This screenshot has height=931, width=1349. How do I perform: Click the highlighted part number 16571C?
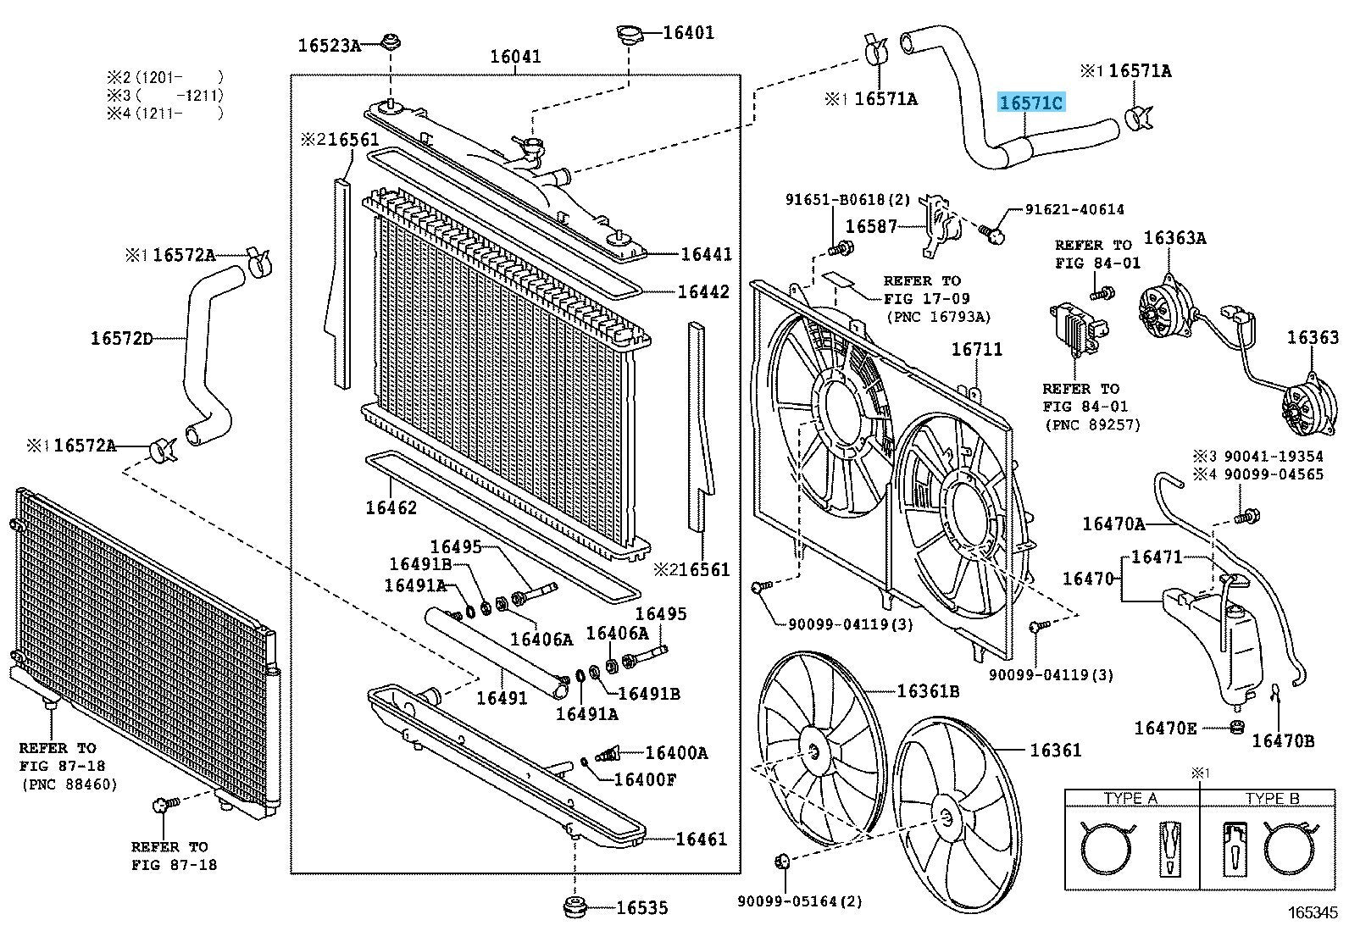pyautogui.click(x=1030, y=103)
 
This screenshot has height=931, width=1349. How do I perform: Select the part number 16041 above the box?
pyautogui.click(x=515, y=57)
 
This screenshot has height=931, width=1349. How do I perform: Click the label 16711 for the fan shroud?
pyautogui.click(x=976, y=349)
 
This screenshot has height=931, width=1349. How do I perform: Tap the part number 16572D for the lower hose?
pyautogui.click(x=122, y=339)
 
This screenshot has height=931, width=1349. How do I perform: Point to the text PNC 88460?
pyautogui.click(x=69, y=784)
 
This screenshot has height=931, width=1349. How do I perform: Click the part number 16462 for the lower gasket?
pyautogui.click(x=391, y=508)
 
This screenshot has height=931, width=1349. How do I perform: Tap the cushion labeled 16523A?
pyautogui.click(x=391, y=42)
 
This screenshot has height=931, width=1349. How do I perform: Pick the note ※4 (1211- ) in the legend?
pyautogui.click(x=165, y=112)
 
